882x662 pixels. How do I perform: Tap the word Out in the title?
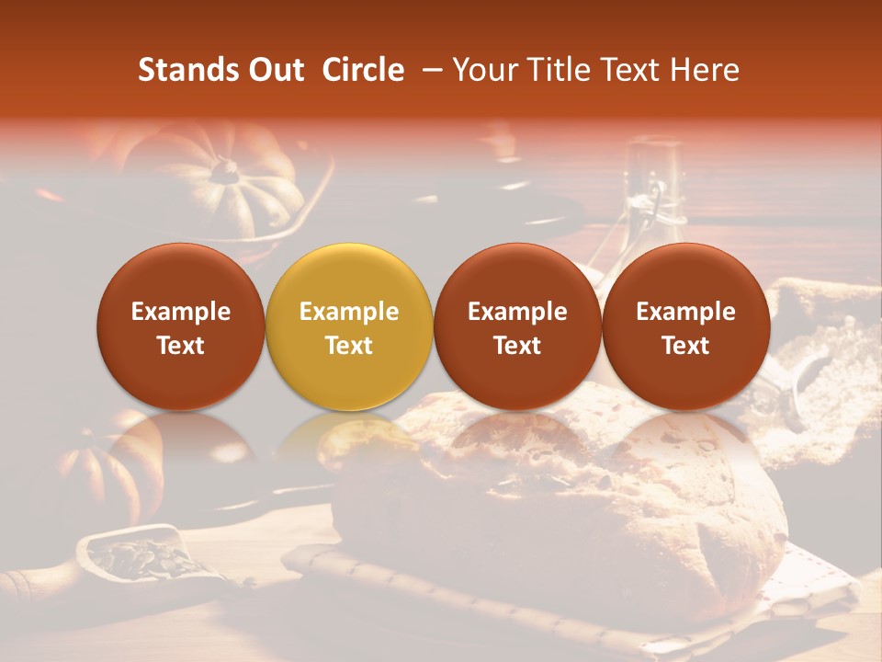(273, 70)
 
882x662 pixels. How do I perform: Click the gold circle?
(349, 326)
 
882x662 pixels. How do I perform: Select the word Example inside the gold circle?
(349, 312)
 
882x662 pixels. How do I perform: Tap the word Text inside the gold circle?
(349, 346)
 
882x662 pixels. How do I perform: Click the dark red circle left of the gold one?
(180, 326)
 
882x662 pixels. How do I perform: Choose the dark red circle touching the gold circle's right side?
(517, 326)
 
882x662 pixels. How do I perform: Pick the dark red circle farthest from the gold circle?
(685, 326)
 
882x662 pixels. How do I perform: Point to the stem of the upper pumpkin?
(223, 169)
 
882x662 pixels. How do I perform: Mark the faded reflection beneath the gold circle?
(349, 437)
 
